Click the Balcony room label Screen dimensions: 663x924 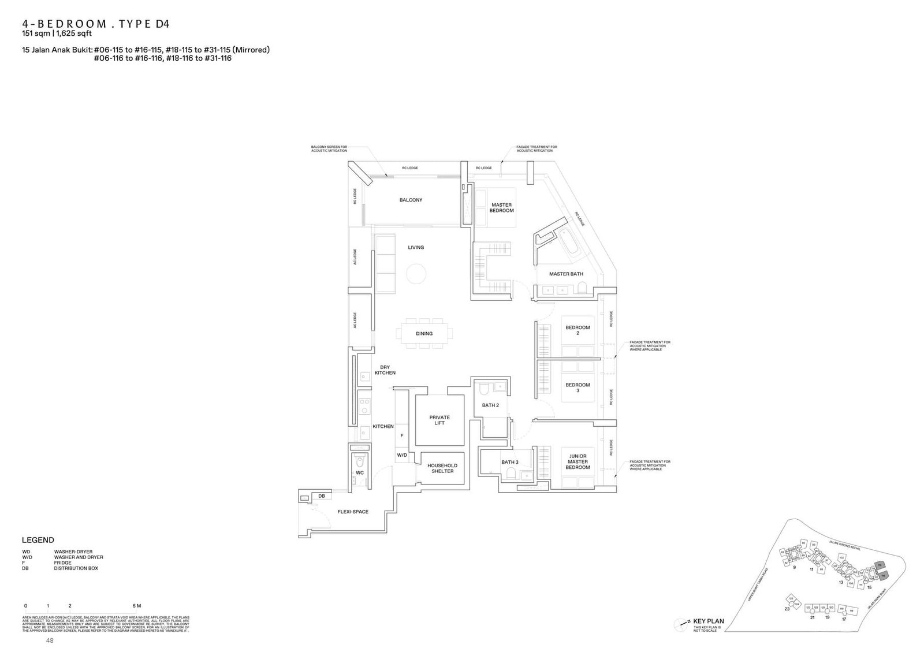pyautogui.click(x=411, y=200)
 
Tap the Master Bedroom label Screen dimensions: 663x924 pyautogui.click(x=501, y=208)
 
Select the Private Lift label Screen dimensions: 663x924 pyautogui.click(x=439, y=420)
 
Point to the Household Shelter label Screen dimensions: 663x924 pyautogui.click(x=442, y=468)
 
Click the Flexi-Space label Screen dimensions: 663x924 pyautogui.click(x=353, y=512)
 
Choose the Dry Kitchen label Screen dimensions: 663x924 pyautogui.click(x=385, y=370)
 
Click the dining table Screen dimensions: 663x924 pyautogui.click(x=424, y=333)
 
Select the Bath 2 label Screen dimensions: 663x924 pyautogui.click(x=490, y=405)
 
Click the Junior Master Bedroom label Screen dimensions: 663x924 pyautogui.click(x=577, y=461)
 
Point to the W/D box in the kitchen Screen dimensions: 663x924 pyautogui.click(x=402, y=455)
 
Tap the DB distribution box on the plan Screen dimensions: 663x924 pyautogui.click(x=322, y=496)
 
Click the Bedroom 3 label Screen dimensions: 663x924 pyautogui.click(x=577, y=388)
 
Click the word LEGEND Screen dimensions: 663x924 pyautogui.click(x=38, y=540)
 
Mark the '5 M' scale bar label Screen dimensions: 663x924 pyautogui.click(x=136, y=606)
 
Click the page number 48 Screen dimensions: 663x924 pyautogui.click(x=50, y=641)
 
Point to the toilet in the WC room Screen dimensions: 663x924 pyautogui.click(x=360, y=461)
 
